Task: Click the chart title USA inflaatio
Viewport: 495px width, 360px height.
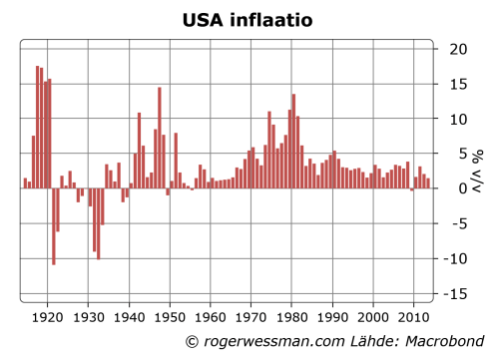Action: point(247,19)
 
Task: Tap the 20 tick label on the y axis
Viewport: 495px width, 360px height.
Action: point(458,49)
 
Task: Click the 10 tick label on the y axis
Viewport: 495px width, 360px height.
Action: point(458,119)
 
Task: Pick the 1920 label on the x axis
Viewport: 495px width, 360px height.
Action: point(48,318)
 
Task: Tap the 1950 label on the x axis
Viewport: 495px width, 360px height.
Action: point(171,318)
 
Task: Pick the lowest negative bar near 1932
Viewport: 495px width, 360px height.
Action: point(99,223)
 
